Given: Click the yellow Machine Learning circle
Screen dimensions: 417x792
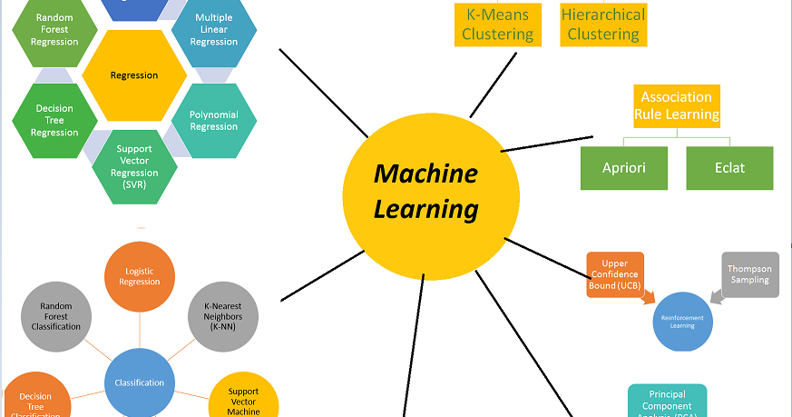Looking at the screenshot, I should pyautogui.click(x=430, y=191).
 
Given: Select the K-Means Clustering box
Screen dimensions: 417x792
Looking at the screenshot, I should pyautogui.click(x=497, y=24).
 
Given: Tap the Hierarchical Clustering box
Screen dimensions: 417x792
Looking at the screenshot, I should pyautogui.click(x=603, y=24).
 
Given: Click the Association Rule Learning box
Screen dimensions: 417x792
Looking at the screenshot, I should pyautogui.click(x=676, y=105).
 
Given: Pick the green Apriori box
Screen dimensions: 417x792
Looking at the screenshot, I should pyautogui.click(x=624, y=168).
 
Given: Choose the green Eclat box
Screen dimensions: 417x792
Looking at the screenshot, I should pyautogui.click(x=729, y=168).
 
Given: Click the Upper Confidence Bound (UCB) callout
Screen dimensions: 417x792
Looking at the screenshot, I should pyautogui.click(x=615, y=275).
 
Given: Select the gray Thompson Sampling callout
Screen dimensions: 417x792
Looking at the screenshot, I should pyautogui.click(x=748, y=274).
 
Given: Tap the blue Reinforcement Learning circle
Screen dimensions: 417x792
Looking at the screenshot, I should pyautogui.click(x=682, y=322).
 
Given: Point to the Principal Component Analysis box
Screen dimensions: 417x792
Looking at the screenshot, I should pyautogui.click(x=667, y=401).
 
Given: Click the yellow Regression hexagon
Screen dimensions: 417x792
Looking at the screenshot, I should pyautogui.click(x=134, y=76).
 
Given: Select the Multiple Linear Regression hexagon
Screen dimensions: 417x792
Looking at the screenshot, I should pyautogui.click(x=214, y=30).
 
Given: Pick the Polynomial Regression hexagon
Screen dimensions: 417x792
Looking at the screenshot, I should pyautogui.click(x=214, y=121).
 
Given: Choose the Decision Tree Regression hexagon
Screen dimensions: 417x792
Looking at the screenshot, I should pyautogui.click(x=55, y=121).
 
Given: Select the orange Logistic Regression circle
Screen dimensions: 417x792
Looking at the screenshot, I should pyautogui.click(x=140, y=275).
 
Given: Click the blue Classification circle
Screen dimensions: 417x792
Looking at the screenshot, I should pyautogui.click(x=140, y=382).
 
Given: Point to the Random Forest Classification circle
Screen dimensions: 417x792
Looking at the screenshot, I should pyautogui.click(x=55, y=314).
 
